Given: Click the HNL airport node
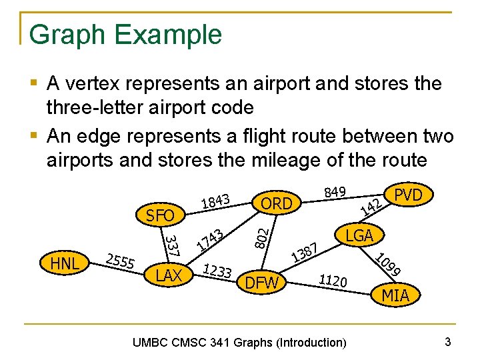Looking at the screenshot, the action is coord(65,263).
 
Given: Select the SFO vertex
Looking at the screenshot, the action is coord(160,215).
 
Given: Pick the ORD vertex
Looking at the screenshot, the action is coord(277,203).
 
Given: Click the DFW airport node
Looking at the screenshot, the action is coord(262,283).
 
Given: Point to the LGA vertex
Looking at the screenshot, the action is coord(359,235).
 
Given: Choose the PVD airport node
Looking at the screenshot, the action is coord(409,195).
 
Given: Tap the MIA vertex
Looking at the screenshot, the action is coord(395,295).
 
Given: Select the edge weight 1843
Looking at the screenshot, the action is coord(215,199).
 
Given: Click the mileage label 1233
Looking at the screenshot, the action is coord(217,270).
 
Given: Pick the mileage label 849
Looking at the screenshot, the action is coord(333,192).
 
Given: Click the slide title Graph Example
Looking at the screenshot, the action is coord(125,34).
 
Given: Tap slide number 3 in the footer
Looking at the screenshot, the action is coord(448,342).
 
